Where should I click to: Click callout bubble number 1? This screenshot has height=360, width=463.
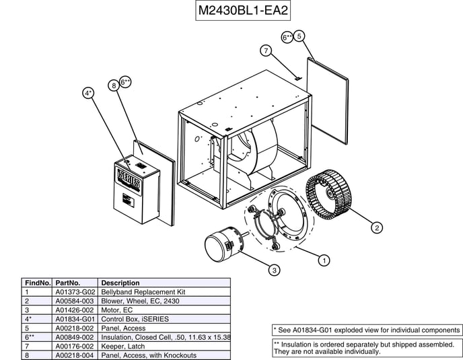[x=325, y=259]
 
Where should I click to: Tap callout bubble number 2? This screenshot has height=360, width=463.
[x=378, y=227]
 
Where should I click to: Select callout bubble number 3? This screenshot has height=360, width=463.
[x=275, y=270]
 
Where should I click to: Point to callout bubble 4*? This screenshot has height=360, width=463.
[x=88, y=93]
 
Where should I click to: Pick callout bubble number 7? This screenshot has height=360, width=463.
[x=266, y=50]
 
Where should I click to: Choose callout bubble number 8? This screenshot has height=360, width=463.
[x=114, y=85]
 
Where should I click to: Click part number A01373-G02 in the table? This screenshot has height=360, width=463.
[x=75, y=292]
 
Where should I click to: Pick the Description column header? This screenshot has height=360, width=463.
[x=120, y=283]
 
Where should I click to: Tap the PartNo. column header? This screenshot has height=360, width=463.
[x=68, y=283]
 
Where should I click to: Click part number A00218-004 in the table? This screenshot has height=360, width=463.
[x=75, y=355]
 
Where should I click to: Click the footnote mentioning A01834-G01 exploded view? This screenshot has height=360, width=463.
[x=367, y=330]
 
